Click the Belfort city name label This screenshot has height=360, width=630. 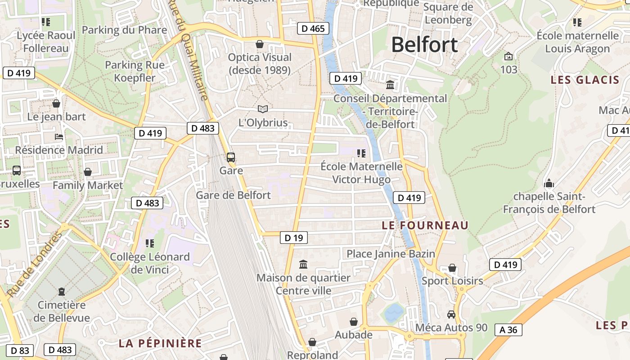coord(424,45)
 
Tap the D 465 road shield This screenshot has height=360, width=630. coord(313,29)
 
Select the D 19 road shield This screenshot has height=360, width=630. coord(294,238)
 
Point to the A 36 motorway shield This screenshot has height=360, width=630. coord(508,330)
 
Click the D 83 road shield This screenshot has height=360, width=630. coord(20,350)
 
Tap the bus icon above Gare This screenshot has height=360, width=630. coord(231,157)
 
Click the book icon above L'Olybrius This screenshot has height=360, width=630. coord(263,109)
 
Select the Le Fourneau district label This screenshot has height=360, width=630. coord(425,225)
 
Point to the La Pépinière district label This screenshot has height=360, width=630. coord(160,343)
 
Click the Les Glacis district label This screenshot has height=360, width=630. coord(585,80)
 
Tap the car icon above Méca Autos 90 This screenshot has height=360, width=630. coord(451,314)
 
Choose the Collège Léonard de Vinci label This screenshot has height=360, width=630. coord(150,263)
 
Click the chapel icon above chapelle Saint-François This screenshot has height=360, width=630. coord(549,183)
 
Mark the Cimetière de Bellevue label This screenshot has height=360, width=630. coord(62,311)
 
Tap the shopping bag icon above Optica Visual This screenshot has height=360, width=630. coord(260,44)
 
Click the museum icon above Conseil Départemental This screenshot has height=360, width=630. coord(390,85)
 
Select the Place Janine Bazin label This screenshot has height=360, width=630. coord(391,254)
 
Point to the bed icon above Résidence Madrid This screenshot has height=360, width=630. coord(58,137)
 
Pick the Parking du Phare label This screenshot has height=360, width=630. coord(124,30)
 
